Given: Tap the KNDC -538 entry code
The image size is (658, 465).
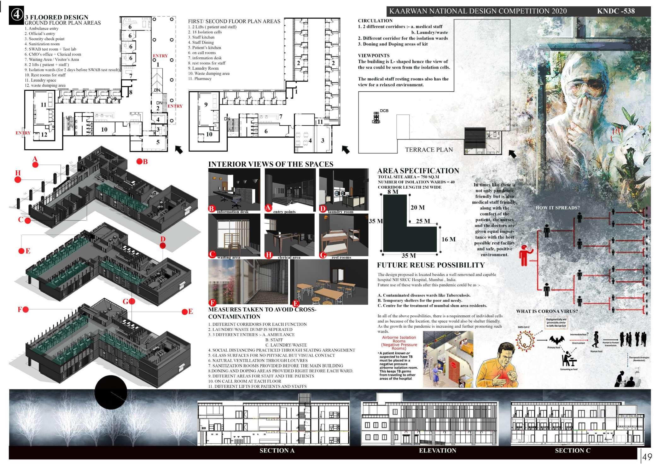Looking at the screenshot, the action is point(615,11).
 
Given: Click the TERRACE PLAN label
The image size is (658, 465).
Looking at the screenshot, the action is point(429,150).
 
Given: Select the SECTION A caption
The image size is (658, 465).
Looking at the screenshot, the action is point(277,451).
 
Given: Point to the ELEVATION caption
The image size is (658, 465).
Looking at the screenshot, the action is point(437,451).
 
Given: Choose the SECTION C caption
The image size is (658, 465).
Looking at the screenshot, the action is point(573,451).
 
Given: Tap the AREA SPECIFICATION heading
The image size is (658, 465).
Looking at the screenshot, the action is point(418,171).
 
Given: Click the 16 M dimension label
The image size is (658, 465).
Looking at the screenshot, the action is point(448,239).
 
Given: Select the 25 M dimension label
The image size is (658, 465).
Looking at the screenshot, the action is point(423,221).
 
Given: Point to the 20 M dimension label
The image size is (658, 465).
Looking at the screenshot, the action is point(417,208).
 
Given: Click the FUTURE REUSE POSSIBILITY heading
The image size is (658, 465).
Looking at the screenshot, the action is point(431,265).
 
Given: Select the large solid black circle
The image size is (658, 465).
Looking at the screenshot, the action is point(111,392).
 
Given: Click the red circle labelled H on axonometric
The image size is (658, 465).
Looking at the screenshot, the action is point(18,180).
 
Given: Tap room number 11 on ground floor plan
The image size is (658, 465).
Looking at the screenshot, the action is point(44,105).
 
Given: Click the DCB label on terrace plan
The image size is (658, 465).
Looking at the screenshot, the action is point(384,111).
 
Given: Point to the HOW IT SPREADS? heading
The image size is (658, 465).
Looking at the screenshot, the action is point(557,208).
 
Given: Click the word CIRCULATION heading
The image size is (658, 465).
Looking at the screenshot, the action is point(375,21).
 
